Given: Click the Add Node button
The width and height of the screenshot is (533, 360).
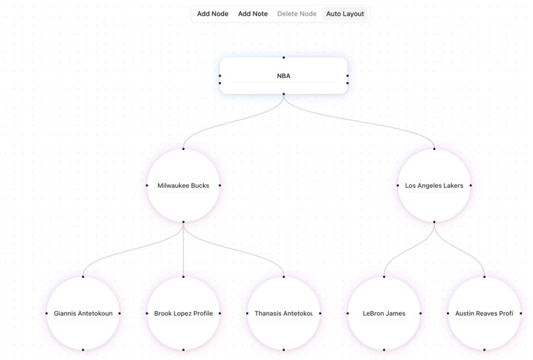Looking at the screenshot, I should click(212, 14).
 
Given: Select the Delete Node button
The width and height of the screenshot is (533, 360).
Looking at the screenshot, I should click(296, 14).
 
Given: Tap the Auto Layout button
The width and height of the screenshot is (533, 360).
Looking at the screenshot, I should click(345, 14).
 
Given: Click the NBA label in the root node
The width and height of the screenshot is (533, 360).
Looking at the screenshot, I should click(283, 76).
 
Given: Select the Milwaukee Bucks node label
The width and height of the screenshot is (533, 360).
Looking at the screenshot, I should click(183, 186).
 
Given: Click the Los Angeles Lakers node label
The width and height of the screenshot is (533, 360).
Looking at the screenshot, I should click(434, 186).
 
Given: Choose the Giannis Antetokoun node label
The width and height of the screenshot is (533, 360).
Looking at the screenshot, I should click(83, 314).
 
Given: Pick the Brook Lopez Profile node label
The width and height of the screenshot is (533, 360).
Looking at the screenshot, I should click(183, 314).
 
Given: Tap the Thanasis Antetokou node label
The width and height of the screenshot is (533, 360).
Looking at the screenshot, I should click(284, 314).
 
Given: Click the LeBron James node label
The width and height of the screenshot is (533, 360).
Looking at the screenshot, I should click(384, 314).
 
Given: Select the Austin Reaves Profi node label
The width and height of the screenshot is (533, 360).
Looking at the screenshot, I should click(484, 314).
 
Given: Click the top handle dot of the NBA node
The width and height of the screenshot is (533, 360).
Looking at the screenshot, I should click(284, 58).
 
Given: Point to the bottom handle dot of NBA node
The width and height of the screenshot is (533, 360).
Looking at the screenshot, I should click(284, 94).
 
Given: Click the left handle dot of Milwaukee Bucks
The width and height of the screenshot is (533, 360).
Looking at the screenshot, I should click(147, 186).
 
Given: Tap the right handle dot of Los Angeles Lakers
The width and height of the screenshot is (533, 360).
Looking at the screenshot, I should click(471, 186).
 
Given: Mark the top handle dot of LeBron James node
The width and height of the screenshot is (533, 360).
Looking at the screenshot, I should click(384, 277).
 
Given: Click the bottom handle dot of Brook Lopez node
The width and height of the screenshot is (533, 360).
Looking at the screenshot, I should click(183, 349).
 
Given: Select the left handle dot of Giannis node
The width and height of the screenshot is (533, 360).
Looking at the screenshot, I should click(47, 314).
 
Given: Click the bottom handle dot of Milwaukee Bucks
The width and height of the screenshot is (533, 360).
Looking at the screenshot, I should click(183, 222).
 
